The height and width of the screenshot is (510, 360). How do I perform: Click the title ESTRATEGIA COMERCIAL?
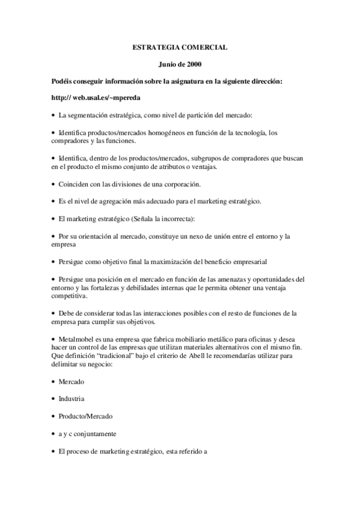pos(180,46)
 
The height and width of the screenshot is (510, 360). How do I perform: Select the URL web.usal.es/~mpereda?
pos(107,97)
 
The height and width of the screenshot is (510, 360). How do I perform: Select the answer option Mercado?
pos(71,382)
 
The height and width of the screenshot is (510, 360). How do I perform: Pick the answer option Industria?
pos(71,399)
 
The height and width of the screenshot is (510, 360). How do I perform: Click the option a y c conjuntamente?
pos(87,433)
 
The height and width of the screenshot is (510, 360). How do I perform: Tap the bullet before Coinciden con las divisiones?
pos(53,183)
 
